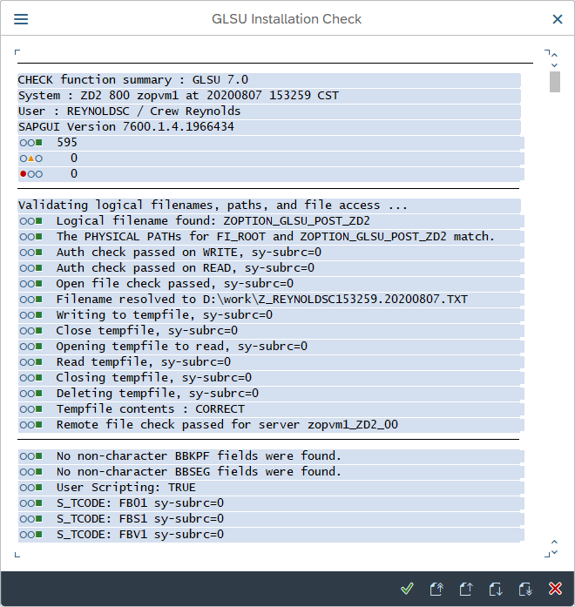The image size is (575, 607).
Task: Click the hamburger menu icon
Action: click(21, 19)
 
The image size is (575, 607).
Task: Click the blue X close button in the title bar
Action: click(558, 19)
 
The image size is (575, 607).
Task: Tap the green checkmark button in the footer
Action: click(407, 589)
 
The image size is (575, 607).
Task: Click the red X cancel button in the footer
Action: click(555, 589)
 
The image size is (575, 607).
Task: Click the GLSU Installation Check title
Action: click(287, 19)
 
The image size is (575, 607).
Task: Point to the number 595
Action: click(67, 143)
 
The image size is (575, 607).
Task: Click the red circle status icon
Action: click(24, 174)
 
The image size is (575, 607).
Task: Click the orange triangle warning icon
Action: click(31, 158)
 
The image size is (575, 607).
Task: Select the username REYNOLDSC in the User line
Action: click(98, 111)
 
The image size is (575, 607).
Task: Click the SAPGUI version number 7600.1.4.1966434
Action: click(178, 126)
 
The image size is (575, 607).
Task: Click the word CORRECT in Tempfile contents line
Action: click(220, 408)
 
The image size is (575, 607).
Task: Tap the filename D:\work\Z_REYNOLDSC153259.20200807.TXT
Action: click(335, 300)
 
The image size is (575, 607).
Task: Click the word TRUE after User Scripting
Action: click(182, 488)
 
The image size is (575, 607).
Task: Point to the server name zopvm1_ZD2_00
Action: click(353, 425)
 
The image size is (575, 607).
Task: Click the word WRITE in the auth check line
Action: click(220, 252)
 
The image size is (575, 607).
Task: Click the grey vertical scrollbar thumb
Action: click(554, 82)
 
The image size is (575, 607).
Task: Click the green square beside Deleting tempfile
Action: click(38, 394)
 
